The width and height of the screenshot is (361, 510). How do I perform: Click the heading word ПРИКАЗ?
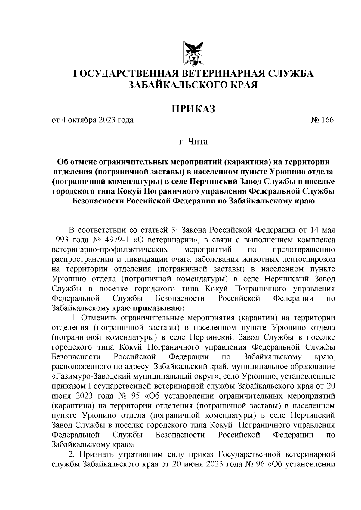point(194,109)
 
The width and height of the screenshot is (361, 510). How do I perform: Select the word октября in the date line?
point(82,120)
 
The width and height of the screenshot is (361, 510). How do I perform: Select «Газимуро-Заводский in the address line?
point(93,377)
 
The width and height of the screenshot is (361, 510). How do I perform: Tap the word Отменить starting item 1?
point(99,318)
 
